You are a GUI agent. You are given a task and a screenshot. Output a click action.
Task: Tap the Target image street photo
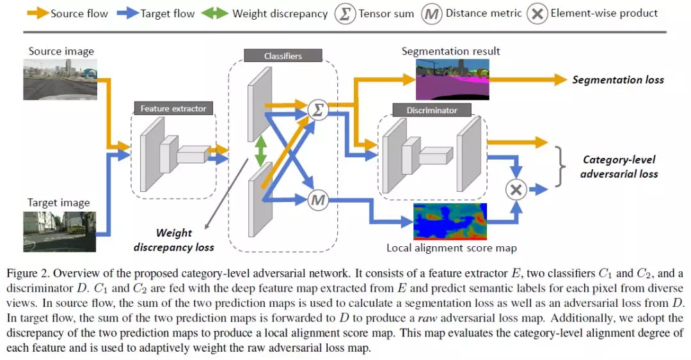point(60,231)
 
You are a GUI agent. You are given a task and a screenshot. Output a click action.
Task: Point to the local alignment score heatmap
point(450,221)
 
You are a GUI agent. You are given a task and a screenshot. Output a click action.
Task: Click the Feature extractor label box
point(173,109)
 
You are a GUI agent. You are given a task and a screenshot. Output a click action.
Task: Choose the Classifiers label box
point(283,56)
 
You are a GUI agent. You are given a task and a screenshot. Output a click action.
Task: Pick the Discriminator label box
point(432,110)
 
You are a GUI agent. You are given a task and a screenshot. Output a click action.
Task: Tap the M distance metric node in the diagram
point(317,200)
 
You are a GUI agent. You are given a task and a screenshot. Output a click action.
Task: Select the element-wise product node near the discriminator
point(516,189)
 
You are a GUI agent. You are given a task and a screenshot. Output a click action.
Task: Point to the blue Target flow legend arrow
point(127,13)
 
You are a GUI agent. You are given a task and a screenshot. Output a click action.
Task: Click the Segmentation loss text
point(617,80)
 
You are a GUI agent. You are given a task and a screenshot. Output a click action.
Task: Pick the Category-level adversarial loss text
point(619,166)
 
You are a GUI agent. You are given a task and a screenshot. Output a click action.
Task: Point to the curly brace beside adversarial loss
point(562,166)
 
